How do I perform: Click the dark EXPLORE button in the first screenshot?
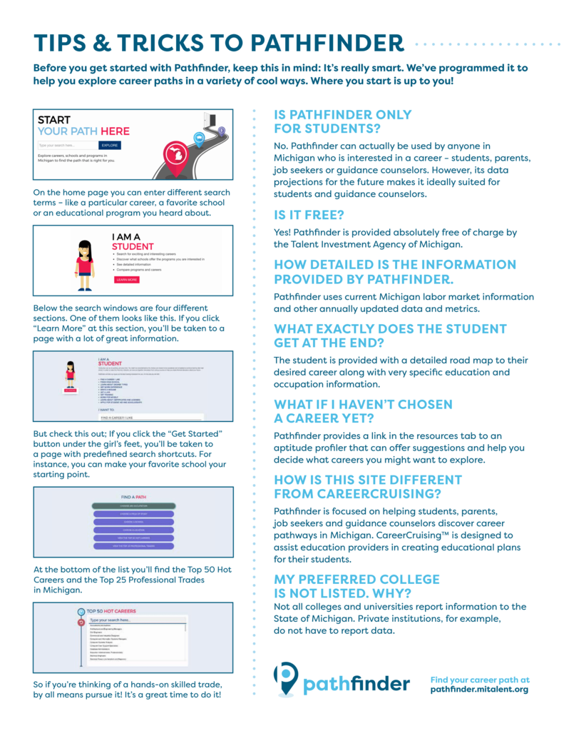tap(109, 145)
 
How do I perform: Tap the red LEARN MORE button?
tap(128, 280)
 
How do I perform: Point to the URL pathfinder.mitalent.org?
tap(479, 690)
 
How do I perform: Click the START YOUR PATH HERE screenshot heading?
tap(83, 126)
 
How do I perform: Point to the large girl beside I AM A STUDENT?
tap(85, 258)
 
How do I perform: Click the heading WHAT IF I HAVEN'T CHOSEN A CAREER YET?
tap(363, 411)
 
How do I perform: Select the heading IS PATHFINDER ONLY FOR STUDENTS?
tap(343, 121)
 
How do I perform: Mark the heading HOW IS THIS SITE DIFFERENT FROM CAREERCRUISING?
tap(368, 486)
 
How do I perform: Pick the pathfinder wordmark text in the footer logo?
tap(356, 684)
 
